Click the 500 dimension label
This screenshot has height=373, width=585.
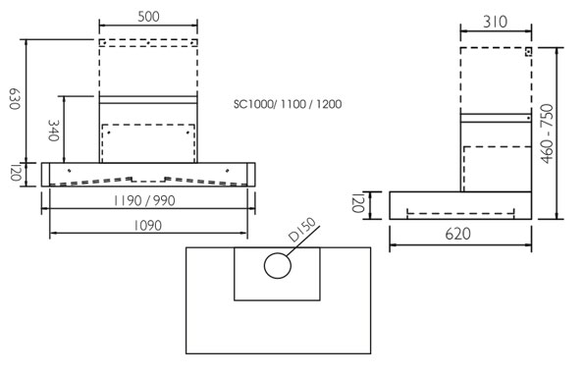click(148, 17)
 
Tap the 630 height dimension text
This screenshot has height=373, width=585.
click(14, 99)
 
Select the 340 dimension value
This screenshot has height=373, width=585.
click(54, 131)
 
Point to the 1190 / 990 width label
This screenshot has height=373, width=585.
click(144, 200)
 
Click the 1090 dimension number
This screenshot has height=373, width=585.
click(148, 226)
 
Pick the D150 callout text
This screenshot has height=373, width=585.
click(302, 230)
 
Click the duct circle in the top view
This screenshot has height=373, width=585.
click(278, 266)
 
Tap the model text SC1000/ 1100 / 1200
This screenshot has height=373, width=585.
click(288, 104)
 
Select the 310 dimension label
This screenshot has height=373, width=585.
click(496, 22)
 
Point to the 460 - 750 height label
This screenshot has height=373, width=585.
click(547, 133)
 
